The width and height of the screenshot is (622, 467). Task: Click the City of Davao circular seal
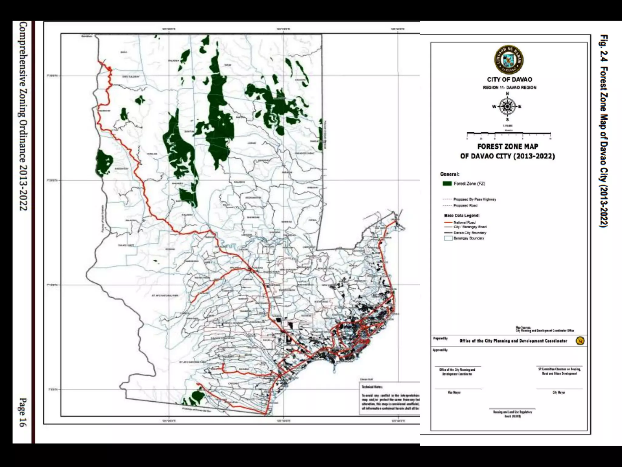[x=509, y=60]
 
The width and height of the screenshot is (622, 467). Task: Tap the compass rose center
[x=507, y=106]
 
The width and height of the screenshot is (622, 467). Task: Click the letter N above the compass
[x=507, y=94]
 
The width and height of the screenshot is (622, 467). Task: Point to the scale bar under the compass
[x=508, y=133]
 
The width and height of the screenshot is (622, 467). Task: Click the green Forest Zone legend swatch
[x=447, y=184]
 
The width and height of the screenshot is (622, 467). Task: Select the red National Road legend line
[x=448, y=223]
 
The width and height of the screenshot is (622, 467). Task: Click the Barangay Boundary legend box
[x=448, y=238]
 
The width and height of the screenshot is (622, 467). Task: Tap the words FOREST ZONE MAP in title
[x=508, y=147]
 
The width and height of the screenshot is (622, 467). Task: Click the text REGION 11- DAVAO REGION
[x=510, y=88]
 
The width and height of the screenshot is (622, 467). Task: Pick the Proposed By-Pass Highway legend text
[x=474, y=199]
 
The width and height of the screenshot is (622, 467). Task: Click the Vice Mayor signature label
[x=454, y=393]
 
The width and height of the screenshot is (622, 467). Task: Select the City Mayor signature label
[x=559, y=393]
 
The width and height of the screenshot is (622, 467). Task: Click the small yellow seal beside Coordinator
[x=580, y=341]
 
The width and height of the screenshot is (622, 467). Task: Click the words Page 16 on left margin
[x=23, y=412]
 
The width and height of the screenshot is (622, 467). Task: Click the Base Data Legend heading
[x=462, y=216]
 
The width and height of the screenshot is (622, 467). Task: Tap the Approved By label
[x=440, y=350]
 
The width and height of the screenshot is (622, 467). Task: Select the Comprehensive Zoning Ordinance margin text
[x=23, y=116]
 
